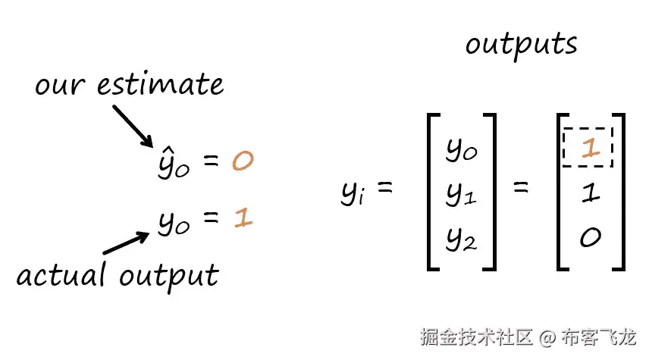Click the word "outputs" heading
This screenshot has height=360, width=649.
coord(521,45)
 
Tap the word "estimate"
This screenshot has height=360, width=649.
coord(161,84)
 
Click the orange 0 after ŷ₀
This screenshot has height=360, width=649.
coord(242,162)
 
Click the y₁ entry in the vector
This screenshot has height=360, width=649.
coord(460,195)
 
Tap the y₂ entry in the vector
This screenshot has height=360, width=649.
coord(460,239)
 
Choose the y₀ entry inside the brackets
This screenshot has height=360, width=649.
coord(460,151)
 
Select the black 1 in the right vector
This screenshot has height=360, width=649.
coord(590,193)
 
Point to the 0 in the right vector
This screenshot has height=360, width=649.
coord(590,238)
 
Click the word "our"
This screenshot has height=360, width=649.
coord(60,84)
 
